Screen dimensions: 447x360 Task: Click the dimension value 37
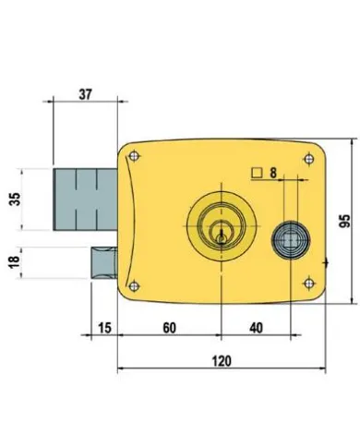pos(85,93)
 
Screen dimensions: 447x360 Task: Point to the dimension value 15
pos(103,328)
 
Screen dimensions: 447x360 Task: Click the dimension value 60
pos(168,328)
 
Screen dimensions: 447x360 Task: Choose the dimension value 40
pos(255,328)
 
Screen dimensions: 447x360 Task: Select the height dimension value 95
pos(344,221)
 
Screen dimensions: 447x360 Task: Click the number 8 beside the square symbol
pos(274,171)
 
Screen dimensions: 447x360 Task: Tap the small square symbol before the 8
pos(256,171)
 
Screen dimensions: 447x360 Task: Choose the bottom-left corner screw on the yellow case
pos(137,283)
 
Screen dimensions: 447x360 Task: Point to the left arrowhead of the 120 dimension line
pos(120,370)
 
